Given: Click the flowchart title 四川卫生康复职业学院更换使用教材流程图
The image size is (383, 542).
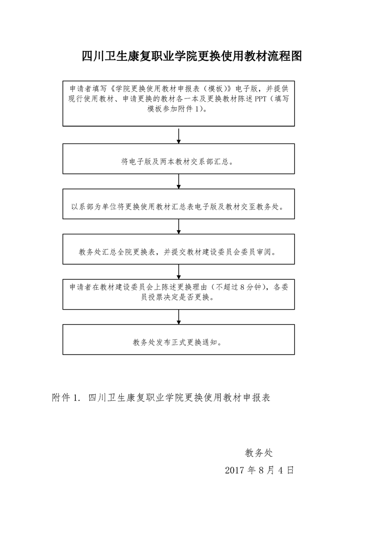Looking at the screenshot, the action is (192, 56).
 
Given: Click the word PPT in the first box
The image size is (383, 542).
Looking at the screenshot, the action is (261, 99).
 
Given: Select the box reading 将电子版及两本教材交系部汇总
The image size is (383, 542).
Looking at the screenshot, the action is (178, 158).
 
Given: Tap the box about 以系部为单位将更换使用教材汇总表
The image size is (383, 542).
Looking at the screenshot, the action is (178, 204).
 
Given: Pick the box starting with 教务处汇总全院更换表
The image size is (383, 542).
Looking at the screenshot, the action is (178, 249).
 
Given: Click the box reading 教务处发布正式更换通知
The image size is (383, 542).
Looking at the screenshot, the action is (178, 340).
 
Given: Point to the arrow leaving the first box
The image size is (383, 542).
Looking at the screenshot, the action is (179, 136).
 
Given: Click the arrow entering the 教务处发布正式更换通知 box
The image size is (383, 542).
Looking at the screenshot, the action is (179, 317).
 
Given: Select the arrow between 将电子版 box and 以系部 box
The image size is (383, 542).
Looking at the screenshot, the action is (179, 182).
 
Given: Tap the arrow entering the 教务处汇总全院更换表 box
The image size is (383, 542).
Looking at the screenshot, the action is (179, 227).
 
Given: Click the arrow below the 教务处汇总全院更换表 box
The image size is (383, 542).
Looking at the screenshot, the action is (179, 271).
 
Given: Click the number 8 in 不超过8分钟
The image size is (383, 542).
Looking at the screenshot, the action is (242, 287).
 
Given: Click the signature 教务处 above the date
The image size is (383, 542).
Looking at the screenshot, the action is (259, 453).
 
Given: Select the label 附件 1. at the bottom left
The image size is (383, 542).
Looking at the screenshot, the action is (66, 398).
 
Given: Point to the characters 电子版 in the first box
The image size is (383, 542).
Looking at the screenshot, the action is (246, 88).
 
